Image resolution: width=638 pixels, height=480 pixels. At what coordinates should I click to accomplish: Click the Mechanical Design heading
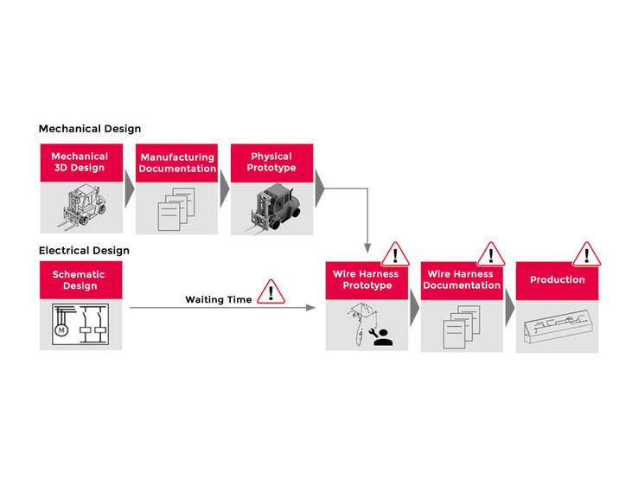click(89, 129)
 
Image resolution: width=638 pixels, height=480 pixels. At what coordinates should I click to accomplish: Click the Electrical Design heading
click(84, 251)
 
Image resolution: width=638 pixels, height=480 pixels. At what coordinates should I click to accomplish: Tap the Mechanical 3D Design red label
click(80, 163)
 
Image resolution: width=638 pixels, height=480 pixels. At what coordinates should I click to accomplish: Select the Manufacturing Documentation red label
click(177, 163)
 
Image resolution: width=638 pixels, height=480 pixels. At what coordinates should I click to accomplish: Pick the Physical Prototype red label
click(271, 163)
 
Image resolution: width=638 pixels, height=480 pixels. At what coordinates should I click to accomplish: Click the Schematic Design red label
click(80, 280)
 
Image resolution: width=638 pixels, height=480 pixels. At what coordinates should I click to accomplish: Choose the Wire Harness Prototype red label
click(367, 280)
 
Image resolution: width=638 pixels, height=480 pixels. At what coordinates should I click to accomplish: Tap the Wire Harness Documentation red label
click(462, 280)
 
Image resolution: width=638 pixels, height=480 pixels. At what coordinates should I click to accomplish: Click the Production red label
click(557, 280)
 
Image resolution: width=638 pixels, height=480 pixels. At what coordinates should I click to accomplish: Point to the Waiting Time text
click(218, 300)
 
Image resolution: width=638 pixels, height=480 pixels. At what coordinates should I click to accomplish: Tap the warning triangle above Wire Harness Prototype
click(395, 254)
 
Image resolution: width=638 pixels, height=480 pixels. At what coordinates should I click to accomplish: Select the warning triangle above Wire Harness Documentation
click(490, 254)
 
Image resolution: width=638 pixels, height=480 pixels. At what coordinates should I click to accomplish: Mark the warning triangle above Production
click(586, 254)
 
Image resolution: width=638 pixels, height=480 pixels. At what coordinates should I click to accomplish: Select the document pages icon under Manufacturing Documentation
click(173, 210)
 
